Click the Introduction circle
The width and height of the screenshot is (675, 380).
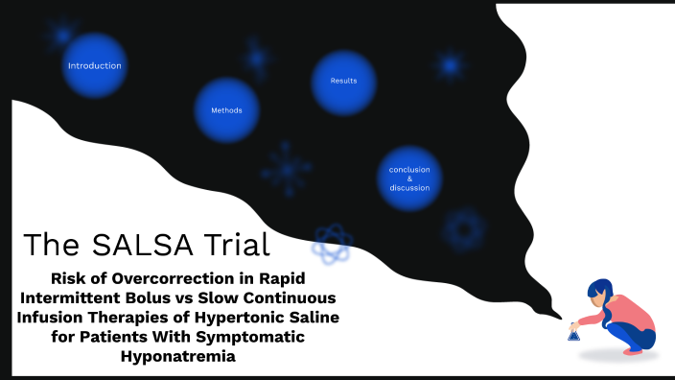pos(94,66)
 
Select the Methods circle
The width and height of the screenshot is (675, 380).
pos(226,110)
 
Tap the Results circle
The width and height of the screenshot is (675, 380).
pos(343,82)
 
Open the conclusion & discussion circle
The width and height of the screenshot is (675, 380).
pos(409,178)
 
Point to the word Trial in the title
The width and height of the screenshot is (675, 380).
pos(234,245)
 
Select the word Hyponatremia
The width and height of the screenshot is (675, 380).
pos(179,356)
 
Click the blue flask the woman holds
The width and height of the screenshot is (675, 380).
pos(573,334)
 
